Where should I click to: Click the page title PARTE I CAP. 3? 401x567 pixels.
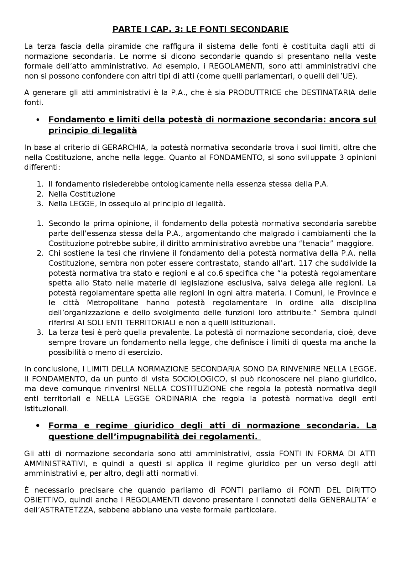200,29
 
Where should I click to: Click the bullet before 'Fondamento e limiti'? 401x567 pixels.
38,120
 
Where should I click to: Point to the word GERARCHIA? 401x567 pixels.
120,147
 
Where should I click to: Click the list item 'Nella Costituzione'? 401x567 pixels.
82,194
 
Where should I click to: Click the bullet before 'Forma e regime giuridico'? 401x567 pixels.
38,426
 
